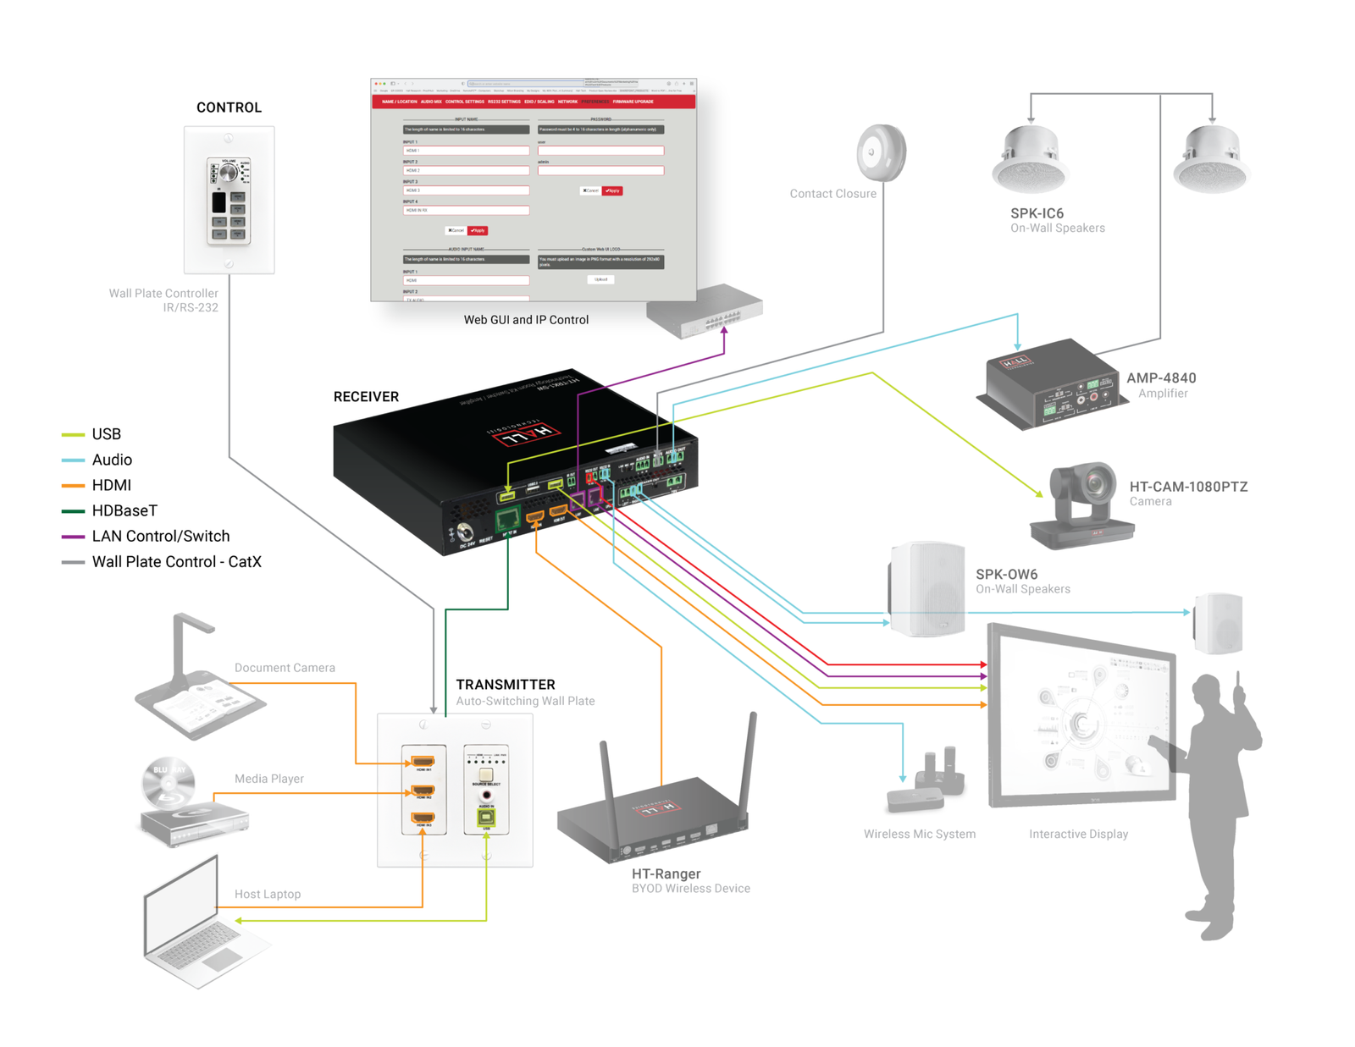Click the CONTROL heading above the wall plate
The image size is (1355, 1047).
(x=229, y=107)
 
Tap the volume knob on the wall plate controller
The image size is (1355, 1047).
(x=228, y=173)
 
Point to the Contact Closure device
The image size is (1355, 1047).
(x=881, y=153)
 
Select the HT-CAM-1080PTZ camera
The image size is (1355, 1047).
(x=1083, y=504)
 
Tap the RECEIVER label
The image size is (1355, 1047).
(x=366, y=397)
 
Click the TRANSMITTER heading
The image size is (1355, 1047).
(x=506, y=685)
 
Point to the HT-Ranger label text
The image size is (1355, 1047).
(x=666, y=873)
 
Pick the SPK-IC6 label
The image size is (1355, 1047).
(x=1037, y=213)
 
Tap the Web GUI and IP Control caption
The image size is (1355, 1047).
(x=526, y=320)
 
